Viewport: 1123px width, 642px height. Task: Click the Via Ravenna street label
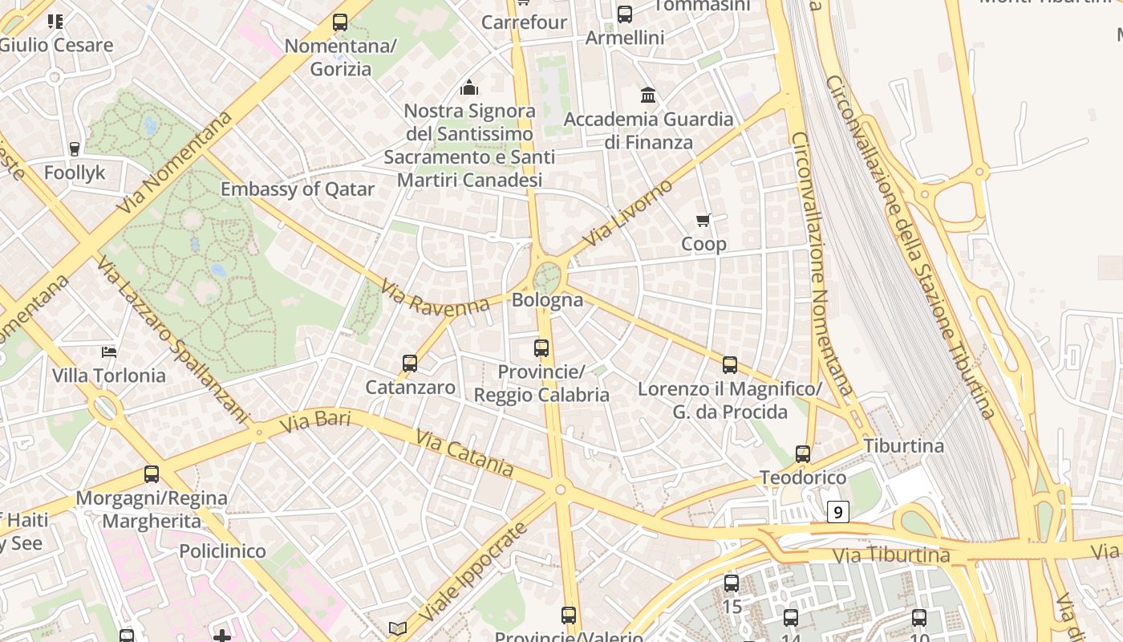[435, 297]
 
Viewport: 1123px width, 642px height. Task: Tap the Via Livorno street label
[627, 213]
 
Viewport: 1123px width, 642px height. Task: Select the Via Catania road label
[464, 452]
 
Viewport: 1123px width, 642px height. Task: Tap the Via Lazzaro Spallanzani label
[173, 339]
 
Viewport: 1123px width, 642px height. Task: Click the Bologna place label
[547, 300]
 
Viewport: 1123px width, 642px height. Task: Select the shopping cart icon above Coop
[703, 220]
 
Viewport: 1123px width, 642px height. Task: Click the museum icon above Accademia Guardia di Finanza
[648, 95]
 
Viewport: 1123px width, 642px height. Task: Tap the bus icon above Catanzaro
[410, 364]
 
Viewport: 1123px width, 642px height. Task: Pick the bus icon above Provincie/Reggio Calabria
[541, 348]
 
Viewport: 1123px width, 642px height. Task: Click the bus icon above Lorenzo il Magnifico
[730, 365]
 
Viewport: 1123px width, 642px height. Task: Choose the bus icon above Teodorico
[803, 454]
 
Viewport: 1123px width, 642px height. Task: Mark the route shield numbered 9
[837, 511]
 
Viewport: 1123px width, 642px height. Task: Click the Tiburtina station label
[904, 445]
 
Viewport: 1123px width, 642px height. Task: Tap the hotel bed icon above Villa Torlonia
[109, 351]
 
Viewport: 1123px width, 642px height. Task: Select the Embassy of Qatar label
[298, 189]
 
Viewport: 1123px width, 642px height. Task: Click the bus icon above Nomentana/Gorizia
[340, 22]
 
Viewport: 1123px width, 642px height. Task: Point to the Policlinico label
[222, 551]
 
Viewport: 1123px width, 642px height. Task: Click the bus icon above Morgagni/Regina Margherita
[152, 474]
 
